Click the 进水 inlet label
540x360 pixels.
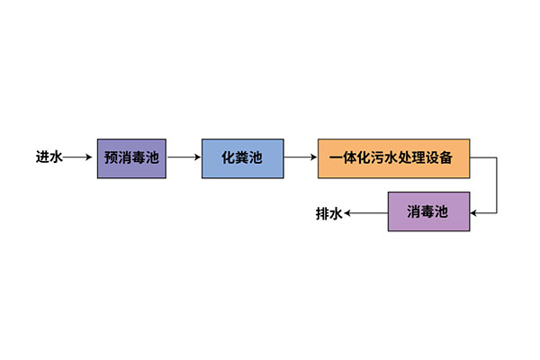[x=49, y=157]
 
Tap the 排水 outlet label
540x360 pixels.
[x=328, y=213]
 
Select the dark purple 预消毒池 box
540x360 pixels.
[x=131, y=157]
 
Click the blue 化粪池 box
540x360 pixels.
[x=242, y=157]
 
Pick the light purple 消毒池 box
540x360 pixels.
[x=427, y=213]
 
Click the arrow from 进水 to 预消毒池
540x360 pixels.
[x=78, y=157]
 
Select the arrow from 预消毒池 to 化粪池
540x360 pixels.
[x=184, y=157]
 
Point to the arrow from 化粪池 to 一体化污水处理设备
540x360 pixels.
[x=300, y=157]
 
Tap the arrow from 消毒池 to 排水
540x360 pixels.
[x=366, y=213]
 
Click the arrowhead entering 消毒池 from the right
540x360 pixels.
[x=473, y=213]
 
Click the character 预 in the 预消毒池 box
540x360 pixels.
[x=111, y=157]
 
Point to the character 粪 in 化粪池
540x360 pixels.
[x=242, y=157]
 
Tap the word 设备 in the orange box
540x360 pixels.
[x=452, y=157]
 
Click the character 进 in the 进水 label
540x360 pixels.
[x=42, y=157]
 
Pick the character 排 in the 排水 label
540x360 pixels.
[x=322, y=213]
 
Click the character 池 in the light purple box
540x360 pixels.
[x=441, y=213]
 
